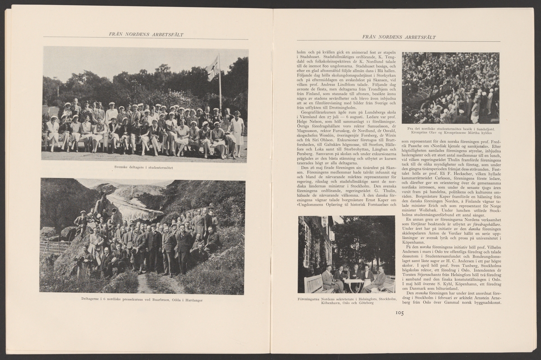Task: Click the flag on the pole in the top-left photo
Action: pyautogui.click(x=213, y=69)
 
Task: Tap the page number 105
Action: pyautogui.click(x=399, y=313)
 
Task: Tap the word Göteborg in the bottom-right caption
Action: pyautogui.click(x=365, y=303)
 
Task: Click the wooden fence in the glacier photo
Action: pyautogui.click(x=54, y=246)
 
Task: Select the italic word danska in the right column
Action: pyautogui.click(x=458, y=229)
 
